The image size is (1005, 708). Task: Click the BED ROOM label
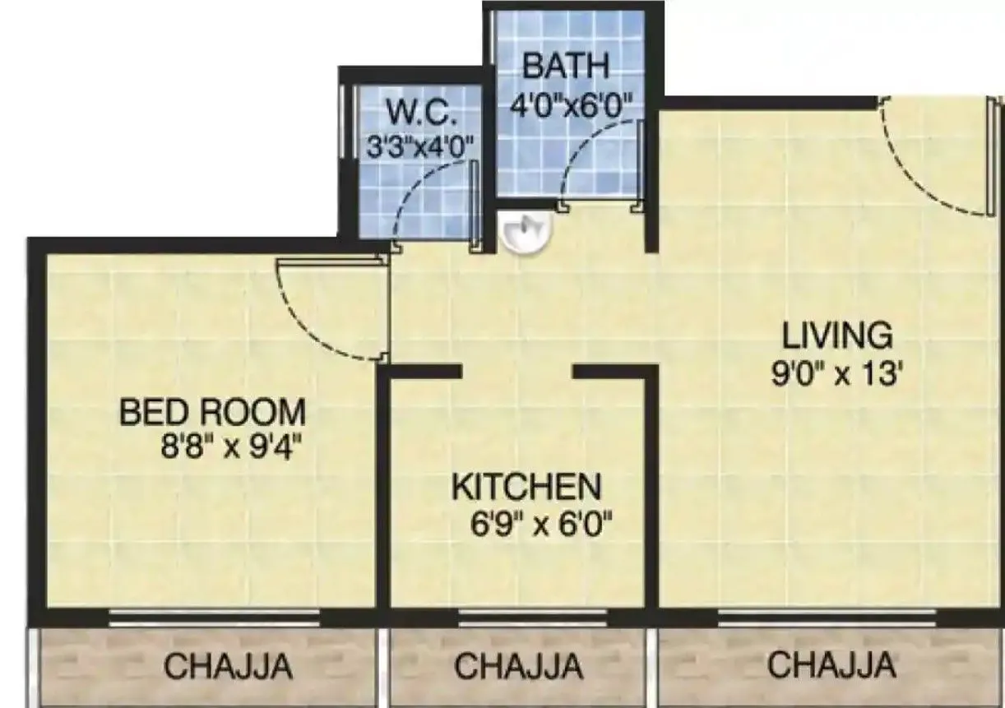click(212, 411)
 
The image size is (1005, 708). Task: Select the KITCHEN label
click(526, 487)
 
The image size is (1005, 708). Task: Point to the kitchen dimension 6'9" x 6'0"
click(539, 524)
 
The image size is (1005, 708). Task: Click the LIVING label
click(836, 336)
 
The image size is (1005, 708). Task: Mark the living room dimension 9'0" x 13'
click(837, 375)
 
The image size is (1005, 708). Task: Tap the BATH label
click(565, 66)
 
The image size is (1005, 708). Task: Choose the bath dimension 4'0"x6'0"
click(571, 105)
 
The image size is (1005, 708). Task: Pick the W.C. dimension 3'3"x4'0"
click(420, 148)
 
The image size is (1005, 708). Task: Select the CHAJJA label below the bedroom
click(228, 667)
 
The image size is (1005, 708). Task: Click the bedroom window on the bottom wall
click(214, 618)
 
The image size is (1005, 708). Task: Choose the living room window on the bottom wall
click(827, 618)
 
